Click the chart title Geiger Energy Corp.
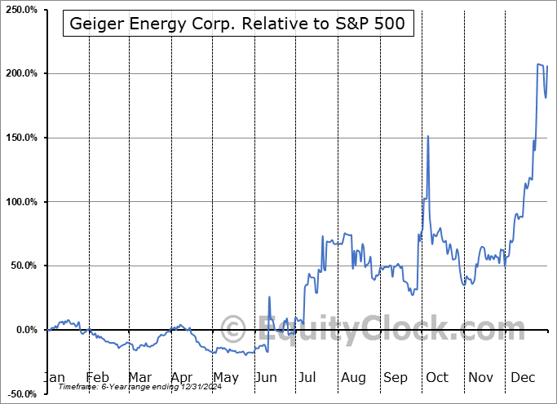pyautogui.click(x=238, y=24)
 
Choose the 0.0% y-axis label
pyautogui.click(x=24, y=330)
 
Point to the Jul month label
pyautogui.click(x=308, y=377)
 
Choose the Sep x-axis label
pyautogui.click(x=396, y=377)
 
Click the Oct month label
pyautogui.click(x=437, y=377)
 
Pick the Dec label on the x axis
pyautogui.click(x=522, y=377)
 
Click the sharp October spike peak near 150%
pyautogui.click(x=427, y=136)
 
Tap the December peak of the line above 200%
pyautogui.click(x=539, y=64)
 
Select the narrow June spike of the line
pyautogui.click(x=268, y=297)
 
